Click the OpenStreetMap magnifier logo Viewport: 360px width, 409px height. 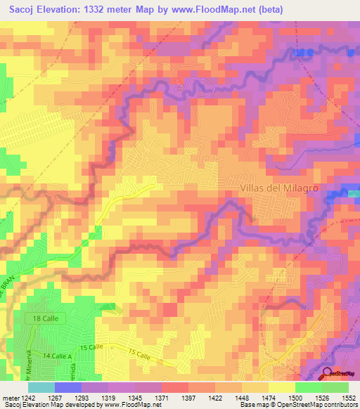(328, 374)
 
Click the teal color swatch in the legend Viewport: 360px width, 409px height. (41, 387)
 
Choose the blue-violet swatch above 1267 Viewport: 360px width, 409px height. (67, 387)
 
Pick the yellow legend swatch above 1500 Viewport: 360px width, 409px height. (281, 387)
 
